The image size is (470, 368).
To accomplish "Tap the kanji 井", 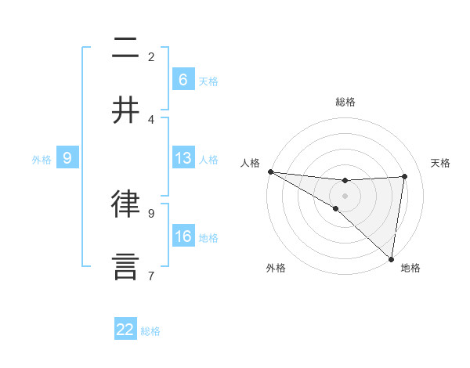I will (125, 110).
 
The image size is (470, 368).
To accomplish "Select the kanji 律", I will (125, 204).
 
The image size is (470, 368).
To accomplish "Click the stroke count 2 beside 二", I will (151, 56).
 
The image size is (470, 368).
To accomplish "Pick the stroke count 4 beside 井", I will (151, 119).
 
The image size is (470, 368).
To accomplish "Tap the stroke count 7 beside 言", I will (151, 276).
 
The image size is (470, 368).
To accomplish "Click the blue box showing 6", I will (183, 79).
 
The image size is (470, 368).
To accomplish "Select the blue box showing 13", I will (183, 158).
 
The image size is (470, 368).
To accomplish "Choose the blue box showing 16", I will (183, 236).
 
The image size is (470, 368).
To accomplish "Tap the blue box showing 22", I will (125, 330).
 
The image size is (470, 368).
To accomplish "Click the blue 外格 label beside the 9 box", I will (42, 159).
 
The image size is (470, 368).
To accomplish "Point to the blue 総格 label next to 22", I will (150, 331).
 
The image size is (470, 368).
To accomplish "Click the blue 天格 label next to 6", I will (208, 81).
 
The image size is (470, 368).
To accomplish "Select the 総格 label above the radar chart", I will (345, 102).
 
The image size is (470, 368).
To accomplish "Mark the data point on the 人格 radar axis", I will (270, 171).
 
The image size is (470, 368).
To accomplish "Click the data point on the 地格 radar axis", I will (391, 258).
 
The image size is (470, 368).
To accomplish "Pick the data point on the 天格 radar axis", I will (405, 176).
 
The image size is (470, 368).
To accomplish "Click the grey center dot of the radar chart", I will (345, 194).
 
